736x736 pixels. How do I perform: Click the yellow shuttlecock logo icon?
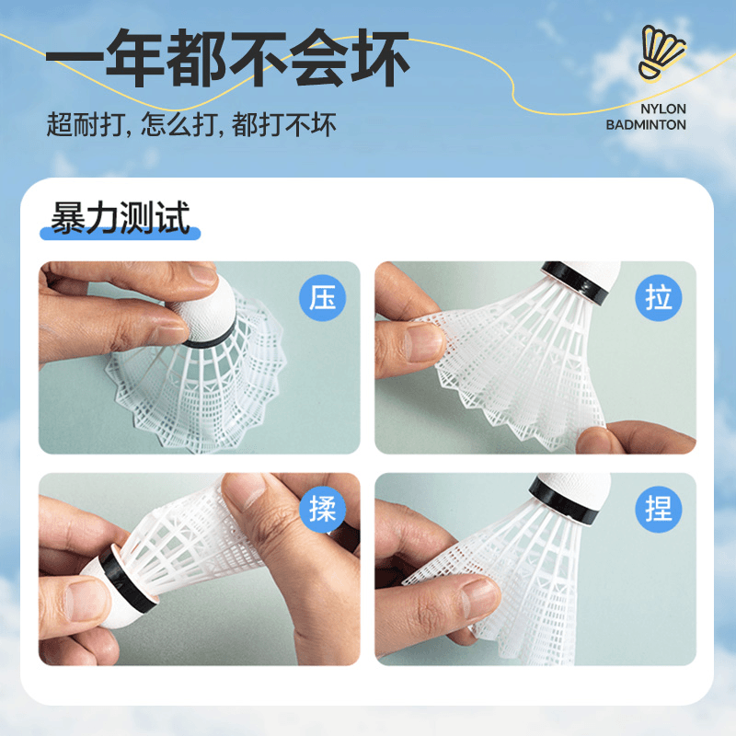[661, 52]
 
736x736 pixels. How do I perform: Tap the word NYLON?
[662, 109]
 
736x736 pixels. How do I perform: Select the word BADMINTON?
[646, 125]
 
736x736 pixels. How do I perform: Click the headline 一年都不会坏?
[227, 58]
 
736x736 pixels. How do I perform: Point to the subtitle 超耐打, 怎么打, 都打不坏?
[191, 125]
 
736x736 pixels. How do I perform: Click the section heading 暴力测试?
[121, 217]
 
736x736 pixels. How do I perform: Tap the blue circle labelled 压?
[323, 297]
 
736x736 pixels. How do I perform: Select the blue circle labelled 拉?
[658, 297]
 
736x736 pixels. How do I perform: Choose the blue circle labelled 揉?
[323, 509]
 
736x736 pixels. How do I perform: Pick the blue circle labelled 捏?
[658, 509]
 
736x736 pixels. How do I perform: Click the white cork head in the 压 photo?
[206, 307]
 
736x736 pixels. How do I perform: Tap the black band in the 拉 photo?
[575, 281]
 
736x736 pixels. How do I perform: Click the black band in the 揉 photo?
[127, 582]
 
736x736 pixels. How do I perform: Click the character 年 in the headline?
[135, 58]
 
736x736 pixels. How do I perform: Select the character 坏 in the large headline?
[380, 58]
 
